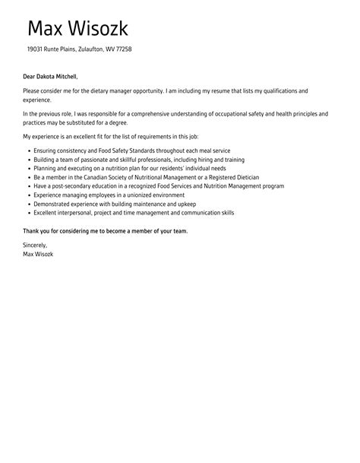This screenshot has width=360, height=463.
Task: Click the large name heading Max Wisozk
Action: point(77,29)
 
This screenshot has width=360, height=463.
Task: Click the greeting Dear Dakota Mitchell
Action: point(50,76)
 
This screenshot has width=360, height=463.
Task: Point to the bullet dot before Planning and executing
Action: point(29,169)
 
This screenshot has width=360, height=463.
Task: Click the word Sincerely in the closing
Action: point(35,245)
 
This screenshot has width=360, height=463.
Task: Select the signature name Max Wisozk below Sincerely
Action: point(39,253)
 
